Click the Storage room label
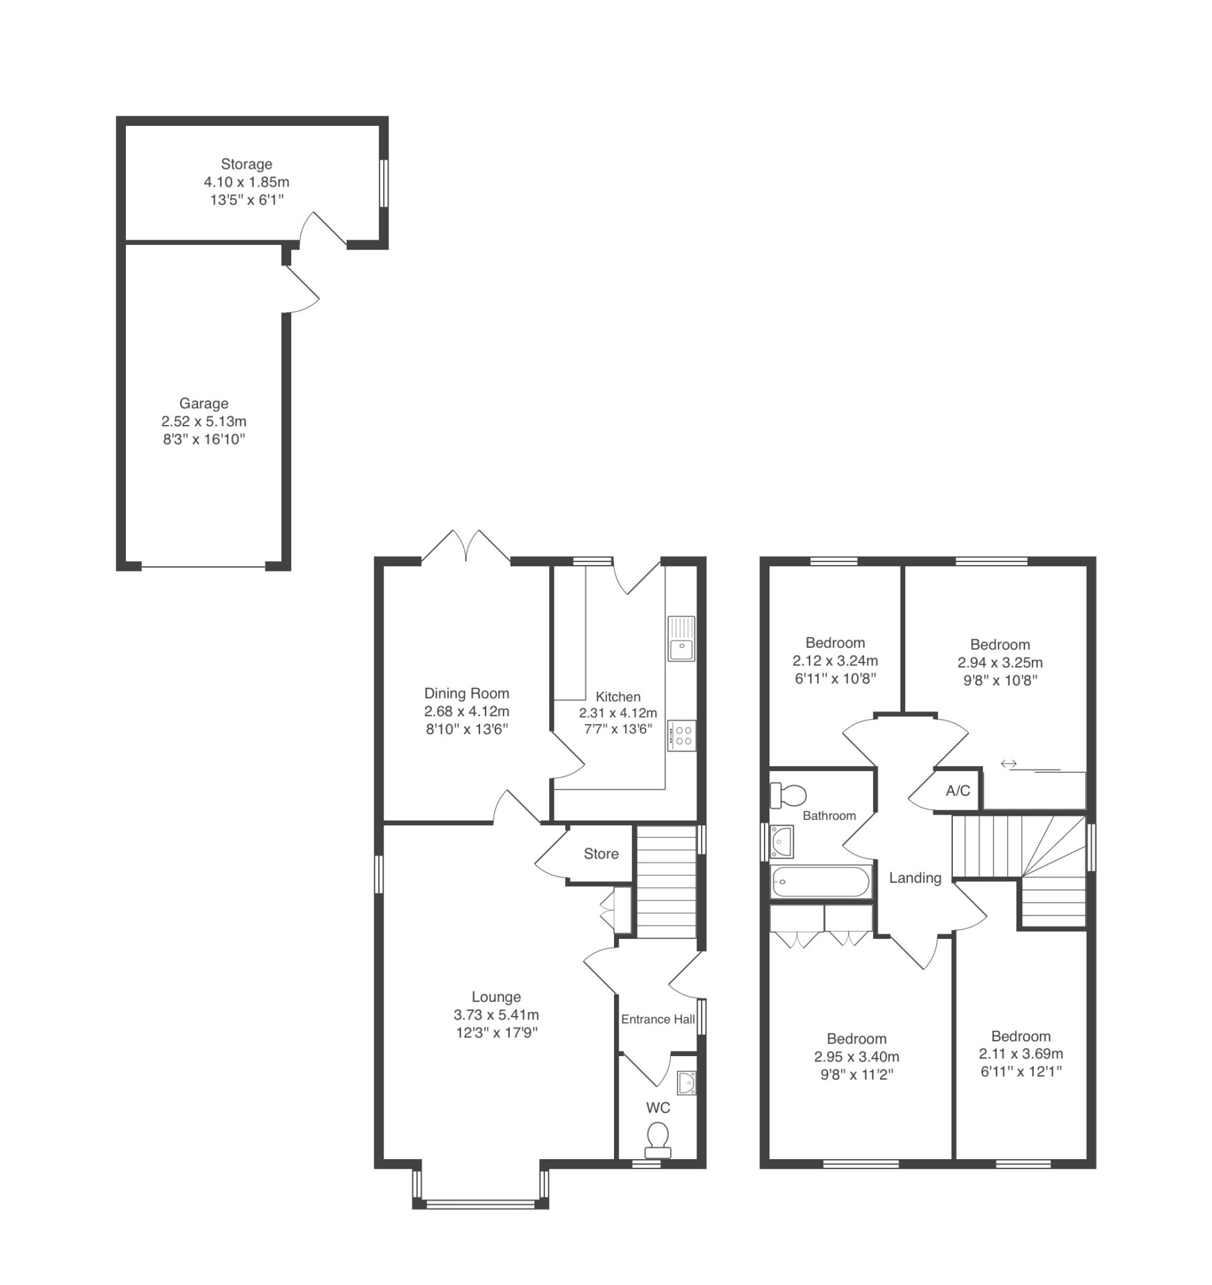pyautogui.click(x=246, y=164)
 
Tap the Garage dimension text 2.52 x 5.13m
pyautogui.click(x=204, y=422)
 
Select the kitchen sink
pyautogui.click(x=681, y=638)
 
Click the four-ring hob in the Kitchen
pyautogui.click(x=682, y=736)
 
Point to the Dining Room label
pyautogui.click(x=467, y=693)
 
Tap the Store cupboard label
pyautogui.click(x=601, y=853)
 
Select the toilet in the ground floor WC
pyautogui.click(x=658, y=1140)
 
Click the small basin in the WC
pyautogui.click(x=686, y=1082)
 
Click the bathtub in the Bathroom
pyautogui.click(x=821, y=881)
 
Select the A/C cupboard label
pyautogui.click(x=958, y=790)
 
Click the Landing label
pyautogui.click(x=915, y=878)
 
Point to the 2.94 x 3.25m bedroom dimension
pyautogui.click(x=1000, y=663)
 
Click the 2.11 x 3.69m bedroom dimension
pyautogui.click(x=1020, y=1053)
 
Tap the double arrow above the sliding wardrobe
pyautogui.click(x=1008, y=763)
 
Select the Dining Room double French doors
pyautogui.click(x=466, y=546)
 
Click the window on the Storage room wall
pyautogui.click(x=384, y=183)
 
